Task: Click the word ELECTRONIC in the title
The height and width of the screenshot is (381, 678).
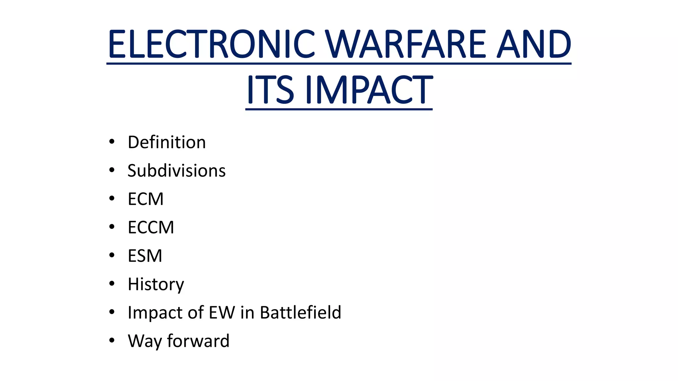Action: coord(211,44)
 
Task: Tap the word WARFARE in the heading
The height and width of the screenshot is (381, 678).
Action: coord(406,44)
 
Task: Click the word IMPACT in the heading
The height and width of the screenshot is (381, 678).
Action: coord(369,90)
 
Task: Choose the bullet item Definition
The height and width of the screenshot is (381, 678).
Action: coord(167,142)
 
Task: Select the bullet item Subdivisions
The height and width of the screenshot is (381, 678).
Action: coord(176,171)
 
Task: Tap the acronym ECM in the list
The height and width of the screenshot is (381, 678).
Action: coord(146,199)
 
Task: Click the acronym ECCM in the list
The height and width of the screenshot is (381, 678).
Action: coord(151,228)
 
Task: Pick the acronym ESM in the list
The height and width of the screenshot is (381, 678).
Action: coord(145,256)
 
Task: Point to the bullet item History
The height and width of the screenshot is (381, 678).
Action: coord(156,284)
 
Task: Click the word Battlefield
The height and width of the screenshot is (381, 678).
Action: coord(300,313)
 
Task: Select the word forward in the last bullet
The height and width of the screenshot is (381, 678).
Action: coord(198,341)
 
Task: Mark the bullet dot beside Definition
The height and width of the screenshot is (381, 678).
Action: coord(112,142)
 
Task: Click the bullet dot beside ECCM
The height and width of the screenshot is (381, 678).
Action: coord(112,227)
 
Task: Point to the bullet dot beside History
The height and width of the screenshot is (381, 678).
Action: coord(112,283)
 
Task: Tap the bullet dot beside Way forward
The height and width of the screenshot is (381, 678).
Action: coord(112,340)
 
